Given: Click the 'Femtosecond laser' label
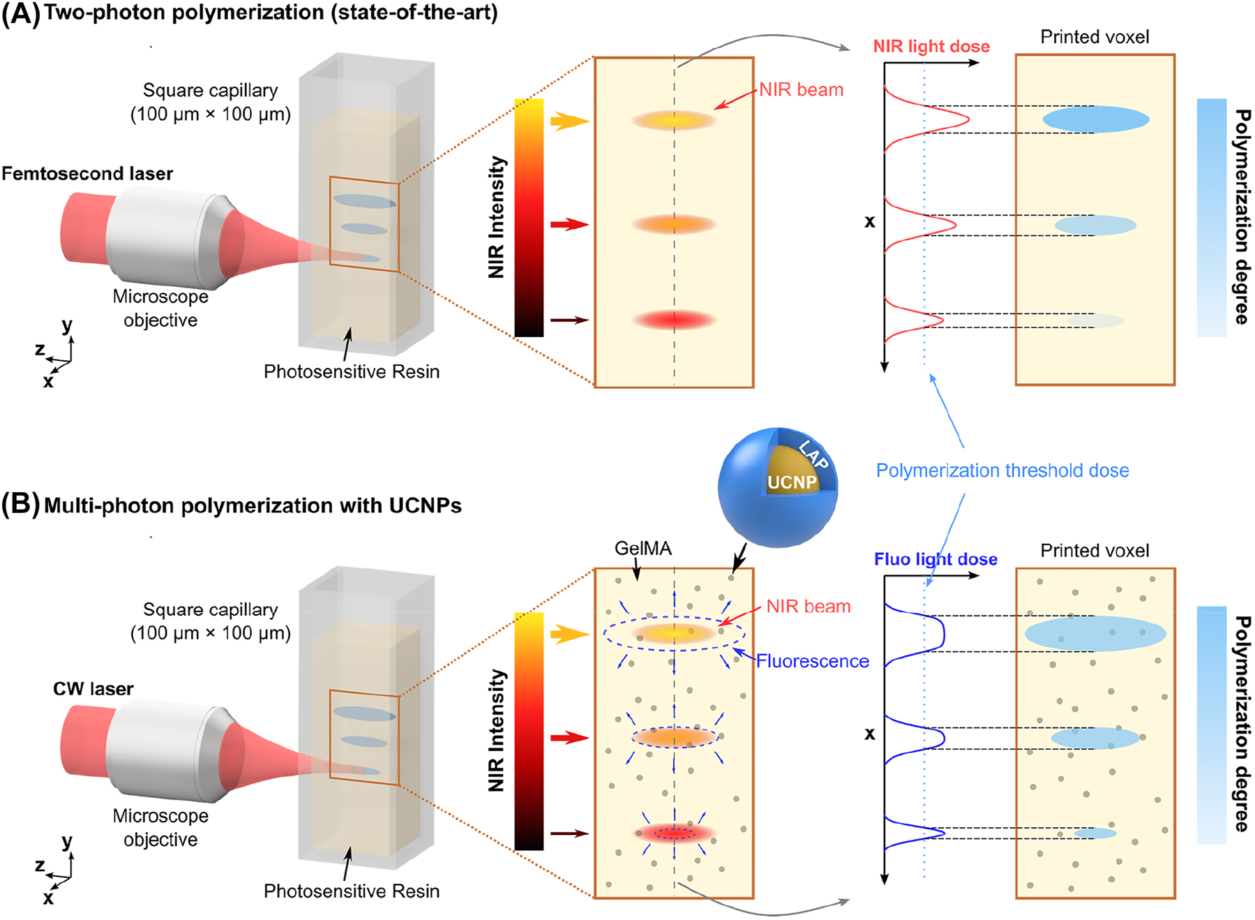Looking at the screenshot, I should tap(87, 173).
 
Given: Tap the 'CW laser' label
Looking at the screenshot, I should tap(93, 689).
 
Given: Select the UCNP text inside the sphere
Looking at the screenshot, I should tap(792, 482).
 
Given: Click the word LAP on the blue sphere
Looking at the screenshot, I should tap(813, 454).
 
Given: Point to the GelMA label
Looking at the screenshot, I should tap(642, 549).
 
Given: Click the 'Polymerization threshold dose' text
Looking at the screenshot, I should tap(1002, 470).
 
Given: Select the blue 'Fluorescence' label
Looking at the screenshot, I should tap(812, 661).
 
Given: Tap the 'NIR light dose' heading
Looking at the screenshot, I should tap(931, 46).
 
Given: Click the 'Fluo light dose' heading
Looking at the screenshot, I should tap(935, 559).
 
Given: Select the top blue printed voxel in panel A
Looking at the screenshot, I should tap(1095, 119).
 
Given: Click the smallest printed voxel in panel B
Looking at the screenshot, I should tap(1095, 833).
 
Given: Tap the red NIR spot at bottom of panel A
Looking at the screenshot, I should tap(674, 320).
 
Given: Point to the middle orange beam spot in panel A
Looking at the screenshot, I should tap(674, 225).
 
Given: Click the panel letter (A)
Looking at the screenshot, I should tap(21, 14).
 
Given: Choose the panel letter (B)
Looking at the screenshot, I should tap(21, 505).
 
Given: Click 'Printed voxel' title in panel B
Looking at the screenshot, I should tap(1095, 551).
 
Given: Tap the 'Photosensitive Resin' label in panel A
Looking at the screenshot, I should tap(352, 371).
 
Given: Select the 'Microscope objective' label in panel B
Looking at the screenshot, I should tap(160, 828).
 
